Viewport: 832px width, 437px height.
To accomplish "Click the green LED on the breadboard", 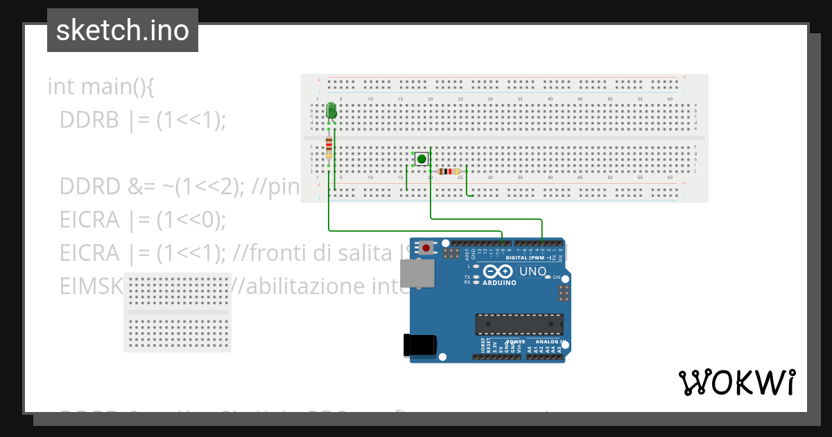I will pos(331,110).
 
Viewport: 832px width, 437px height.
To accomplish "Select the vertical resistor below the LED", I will pos(329,147).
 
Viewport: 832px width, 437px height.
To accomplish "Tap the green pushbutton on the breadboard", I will pos(422,159).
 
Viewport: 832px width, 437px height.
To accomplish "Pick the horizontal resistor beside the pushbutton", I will pos(449,171).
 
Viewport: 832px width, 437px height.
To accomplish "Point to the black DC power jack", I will pos(420,345).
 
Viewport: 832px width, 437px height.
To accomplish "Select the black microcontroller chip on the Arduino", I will pos(519,324).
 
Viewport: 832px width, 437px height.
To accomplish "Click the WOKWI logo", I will pos(736,382).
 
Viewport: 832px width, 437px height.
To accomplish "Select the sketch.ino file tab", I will pos(123,31).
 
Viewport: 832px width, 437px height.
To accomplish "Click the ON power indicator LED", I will pos(548,277).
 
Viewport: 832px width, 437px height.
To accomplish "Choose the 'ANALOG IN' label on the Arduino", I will pos(548,342).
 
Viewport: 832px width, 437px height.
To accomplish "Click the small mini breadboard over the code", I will pos(177,312).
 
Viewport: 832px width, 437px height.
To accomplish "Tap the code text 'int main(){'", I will pos(101,87).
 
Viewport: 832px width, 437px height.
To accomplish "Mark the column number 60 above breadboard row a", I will pos(669,100).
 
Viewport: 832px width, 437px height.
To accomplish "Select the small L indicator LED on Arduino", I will pos(476,266).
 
